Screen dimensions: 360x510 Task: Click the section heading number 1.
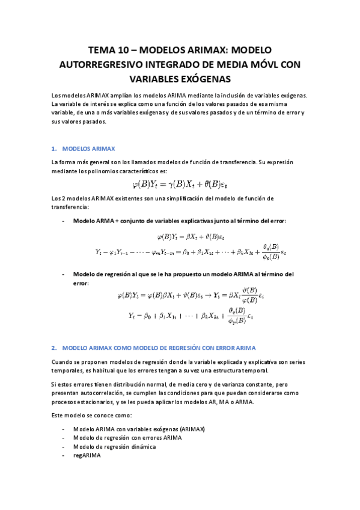[x=54, y=148]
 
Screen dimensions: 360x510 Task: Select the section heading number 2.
[x=54, y=348]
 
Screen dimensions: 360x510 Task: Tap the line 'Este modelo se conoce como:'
[x=90, y=416]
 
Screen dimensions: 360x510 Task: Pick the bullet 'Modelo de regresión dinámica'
[x=114, y=447]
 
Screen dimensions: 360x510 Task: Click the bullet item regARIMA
[x=87, y=456]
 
